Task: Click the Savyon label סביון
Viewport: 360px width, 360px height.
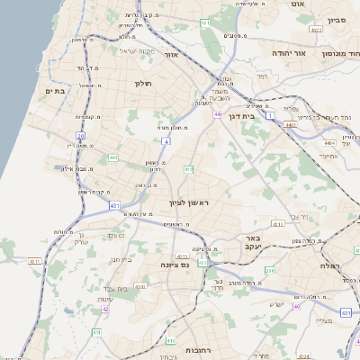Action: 337,18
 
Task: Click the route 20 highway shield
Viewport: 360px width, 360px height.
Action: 80,135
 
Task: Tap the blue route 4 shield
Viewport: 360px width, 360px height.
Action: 166,141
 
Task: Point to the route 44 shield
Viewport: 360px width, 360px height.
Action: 218,114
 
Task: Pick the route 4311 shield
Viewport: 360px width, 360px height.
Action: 36,261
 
